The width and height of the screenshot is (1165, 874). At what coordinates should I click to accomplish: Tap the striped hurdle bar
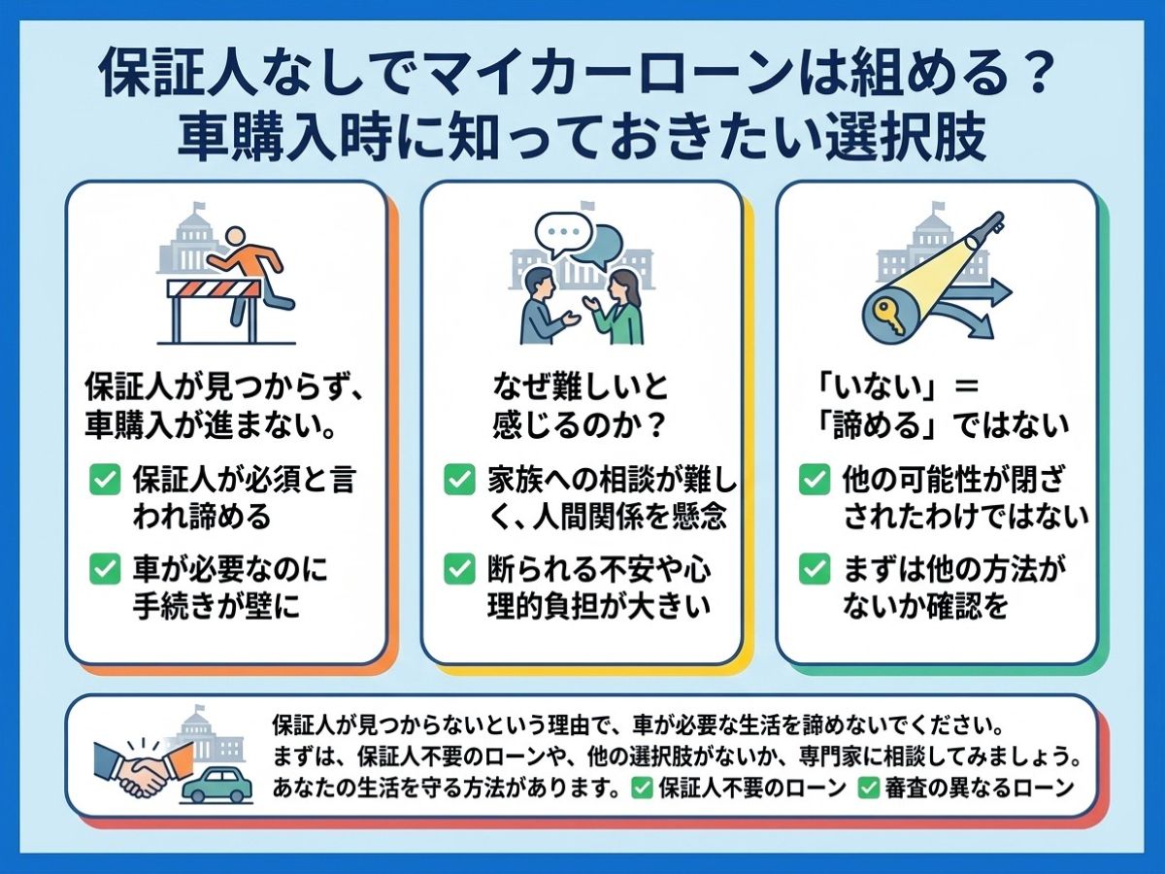(214, 289)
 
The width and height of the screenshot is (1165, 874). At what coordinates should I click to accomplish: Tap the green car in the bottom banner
(217, 784)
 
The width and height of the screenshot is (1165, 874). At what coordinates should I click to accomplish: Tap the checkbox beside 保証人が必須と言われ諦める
(105, 480)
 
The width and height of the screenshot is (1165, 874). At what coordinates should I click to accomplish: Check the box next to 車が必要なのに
(105, 569)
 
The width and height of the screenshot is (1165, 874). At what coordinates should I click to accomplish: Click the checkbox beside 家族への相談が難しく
(459, 480)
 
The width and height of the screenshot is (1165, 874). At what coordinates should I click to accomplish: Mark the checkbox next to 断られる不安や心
(459, 569)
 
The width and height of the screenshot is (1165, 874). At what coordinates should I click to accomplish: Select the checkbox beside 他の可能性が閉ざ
(815, 480)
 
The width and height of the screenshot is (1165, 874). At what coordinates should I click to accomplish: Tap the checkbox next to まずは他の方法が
(815, 569)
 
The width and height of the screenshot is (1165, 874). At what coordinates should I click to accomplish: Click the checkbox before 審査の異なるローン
(868, 788)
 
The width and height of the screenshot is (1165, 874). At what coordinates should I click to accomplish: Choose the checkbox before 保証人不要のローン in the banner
(641, 788)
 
